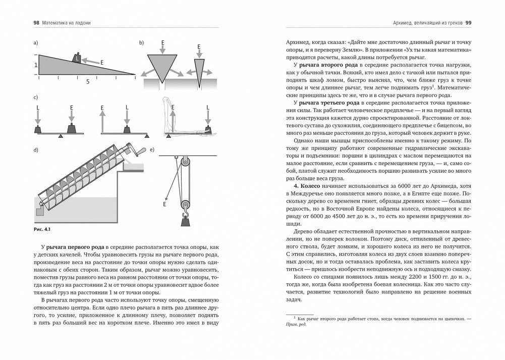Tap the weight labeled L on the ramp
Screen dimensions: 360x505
(77, 58)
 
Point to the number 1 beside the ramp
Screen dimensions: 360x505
(35, 65)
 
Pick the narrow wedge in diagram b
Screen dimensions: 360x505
(201, 69)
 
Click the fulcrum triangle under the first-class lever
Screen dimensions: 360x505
(60, 136)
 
